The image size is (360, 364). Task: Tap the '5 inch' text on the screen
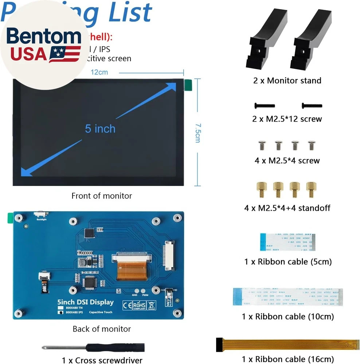(x=100, y=128)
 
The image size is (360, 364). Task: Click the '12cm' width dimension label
(x=99, y=72)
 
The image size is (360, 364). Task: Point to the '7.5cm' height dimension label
(x=197, y=133)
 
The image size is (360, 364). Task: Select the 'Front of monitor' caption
(x=102, y=196)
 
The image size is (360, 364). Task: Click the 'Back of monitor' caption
(x=102, y=329)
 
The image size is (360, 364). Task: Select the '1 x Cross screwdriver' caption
(x=102, y=360)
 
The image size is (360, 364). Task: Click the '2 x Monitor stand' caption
(x=287, y=80)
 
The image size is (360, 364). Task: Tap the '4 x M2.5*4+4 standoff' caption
(x=287, y=208)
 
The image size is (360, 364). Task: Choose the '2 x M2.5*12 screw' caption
(x=287, y=119)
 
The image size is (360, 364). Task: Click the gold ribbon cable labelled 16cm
(x=288, y=343)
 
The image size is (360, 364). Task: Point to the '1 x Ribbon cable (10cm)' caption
(x=288, y=317)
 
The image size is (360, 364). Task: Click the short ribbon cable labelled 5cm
(x=287, y=242)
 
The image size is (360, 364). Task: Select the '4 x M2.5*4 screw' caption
(x=287, y=161)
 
